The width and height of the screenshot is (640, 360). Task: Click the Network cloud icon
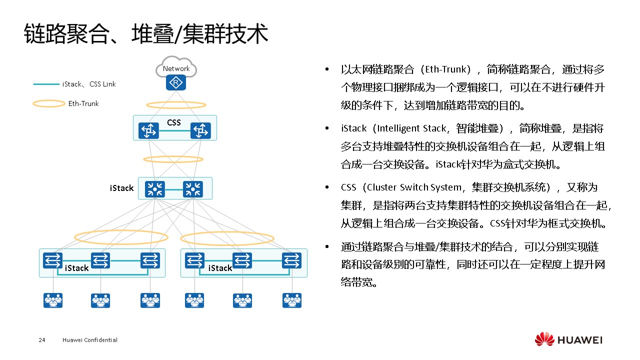[x=176, y=67]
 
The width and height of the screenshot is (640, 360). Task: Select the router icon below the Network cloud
[x=176, y=83]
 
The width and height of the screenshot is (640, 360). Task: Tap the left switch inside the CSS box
[x=148, y=131]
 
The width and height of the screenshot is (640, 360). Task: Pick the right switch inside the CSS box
[x=200, y=131]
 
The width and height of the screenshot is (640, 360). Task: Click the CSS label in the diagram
[x=174, y=122]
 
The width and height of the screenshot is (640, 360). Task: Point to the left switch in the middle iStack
[x=155, y=189]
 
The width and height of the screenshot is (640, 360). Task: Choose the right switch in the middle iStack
[x=193, y=189]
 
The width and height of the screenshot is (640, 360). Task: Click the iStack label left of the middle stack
[x=121, y=188]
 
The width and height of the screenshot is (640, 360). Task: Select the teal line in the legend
[x=45, y=84]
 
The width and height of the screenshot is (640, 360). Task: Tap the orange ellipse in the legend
[x=48, y=103]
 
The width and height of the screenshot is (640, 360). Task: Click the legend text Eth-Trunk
[x=83, y=103]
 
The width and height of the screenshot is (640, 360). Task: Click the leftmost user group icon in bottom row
[x=53, y=300]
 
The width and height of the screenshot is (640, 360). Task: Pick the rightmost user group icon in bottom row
[x=292, y=300]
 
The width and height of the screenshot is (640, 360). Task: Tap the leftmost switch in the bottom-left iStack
[x=52, y=260]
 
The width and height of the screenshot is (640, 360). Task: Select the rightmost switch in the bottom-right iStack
[x=291, y=260]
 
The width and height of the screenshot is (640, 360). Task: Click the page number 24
[x=42, y=340]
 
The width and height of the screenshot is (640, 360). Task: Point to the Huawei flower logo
[x=544, y=339]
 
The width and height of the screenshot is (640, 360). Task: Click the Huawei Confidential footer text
[x=90, y=340]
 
